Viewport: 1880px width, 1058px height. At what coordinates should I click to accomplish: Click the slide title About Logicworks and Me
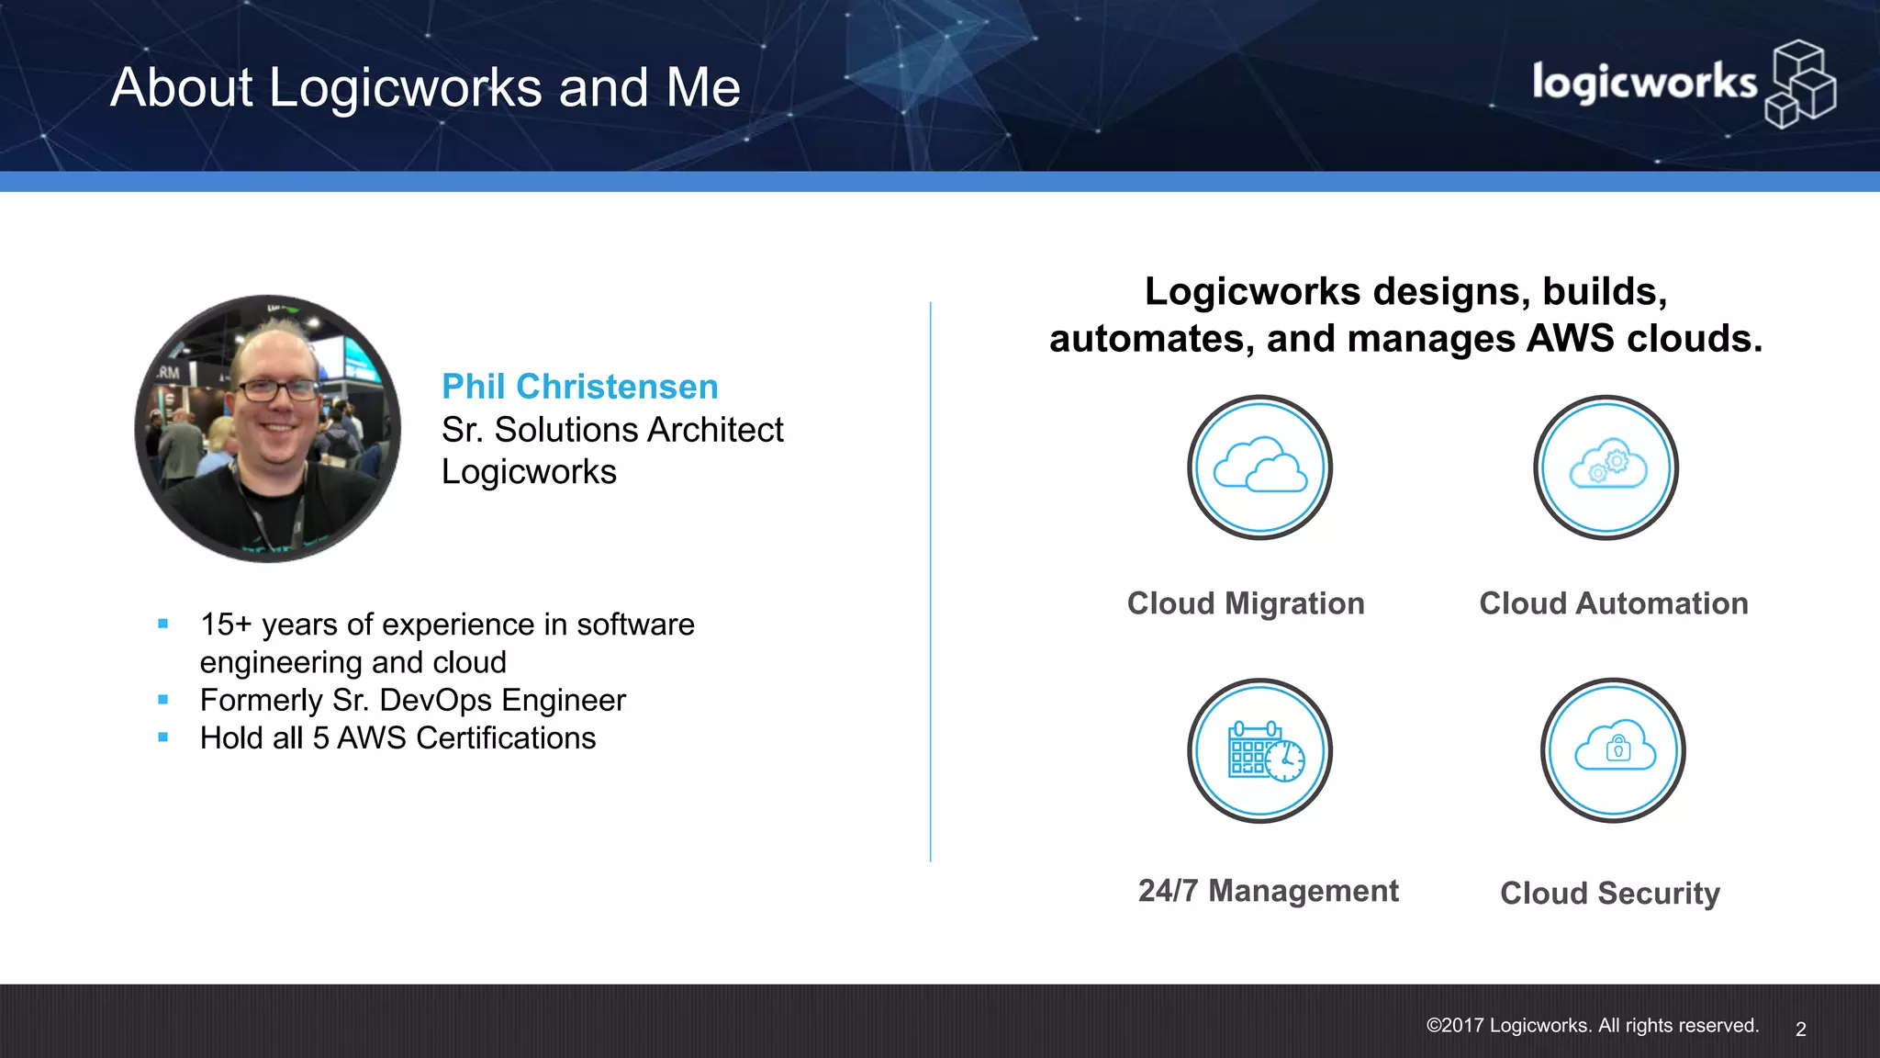pos(425,88)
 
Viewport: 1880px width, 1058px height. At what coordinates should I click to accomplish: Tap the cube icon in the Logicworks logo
pos(1800,84)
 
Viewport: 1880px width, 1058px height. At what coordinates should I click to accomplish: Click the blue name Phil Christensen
pos(579,387)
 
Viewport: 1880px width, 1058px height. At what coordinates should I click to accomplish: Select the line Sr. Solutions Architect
pos(612,430)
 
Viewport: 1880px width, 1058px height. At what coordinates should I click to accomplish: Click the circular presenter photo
pos(268,428)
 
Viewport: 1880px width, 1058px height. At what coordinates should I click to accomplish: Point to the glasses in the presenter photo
pos(278,389)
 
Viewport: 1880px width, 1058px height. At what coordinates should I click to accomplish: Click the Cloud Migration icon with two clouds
pos(1259,467)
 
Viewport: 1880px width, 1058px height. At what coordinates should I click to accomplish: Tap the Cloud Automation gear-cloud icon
pos(1606,467)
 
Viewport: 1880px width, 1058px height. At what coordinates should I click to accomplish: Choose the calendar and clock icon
pos(1259,750)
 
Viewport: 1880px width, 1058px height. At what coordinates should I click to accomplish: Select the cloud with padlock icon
pos(1614,750)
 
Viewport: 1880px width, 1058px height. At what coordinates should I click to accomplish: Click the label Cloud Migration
pos(1246,603)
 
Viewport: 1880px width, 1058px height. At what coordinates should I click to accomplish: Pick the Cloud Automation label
pos(1614,603)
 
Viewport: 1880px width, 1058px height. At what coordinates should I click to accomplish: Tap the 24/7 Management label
pos(1269,891)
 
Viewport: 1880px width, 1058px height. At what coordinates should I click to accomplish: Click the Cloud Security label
pos(1610,893)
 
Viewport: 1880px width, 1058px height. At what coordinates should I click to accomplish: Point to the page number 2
pos(1801,1030)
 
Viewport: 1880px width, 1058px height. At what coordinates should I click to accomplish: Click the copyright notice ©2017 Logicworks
pos(1593,1026)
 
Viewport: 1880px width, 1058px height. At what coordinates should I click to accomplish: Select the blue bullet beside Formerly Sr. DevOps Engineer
pos(163,700)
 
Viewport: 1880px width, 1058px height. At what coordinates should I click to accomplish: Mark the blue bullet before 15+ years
pos(163,624)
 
